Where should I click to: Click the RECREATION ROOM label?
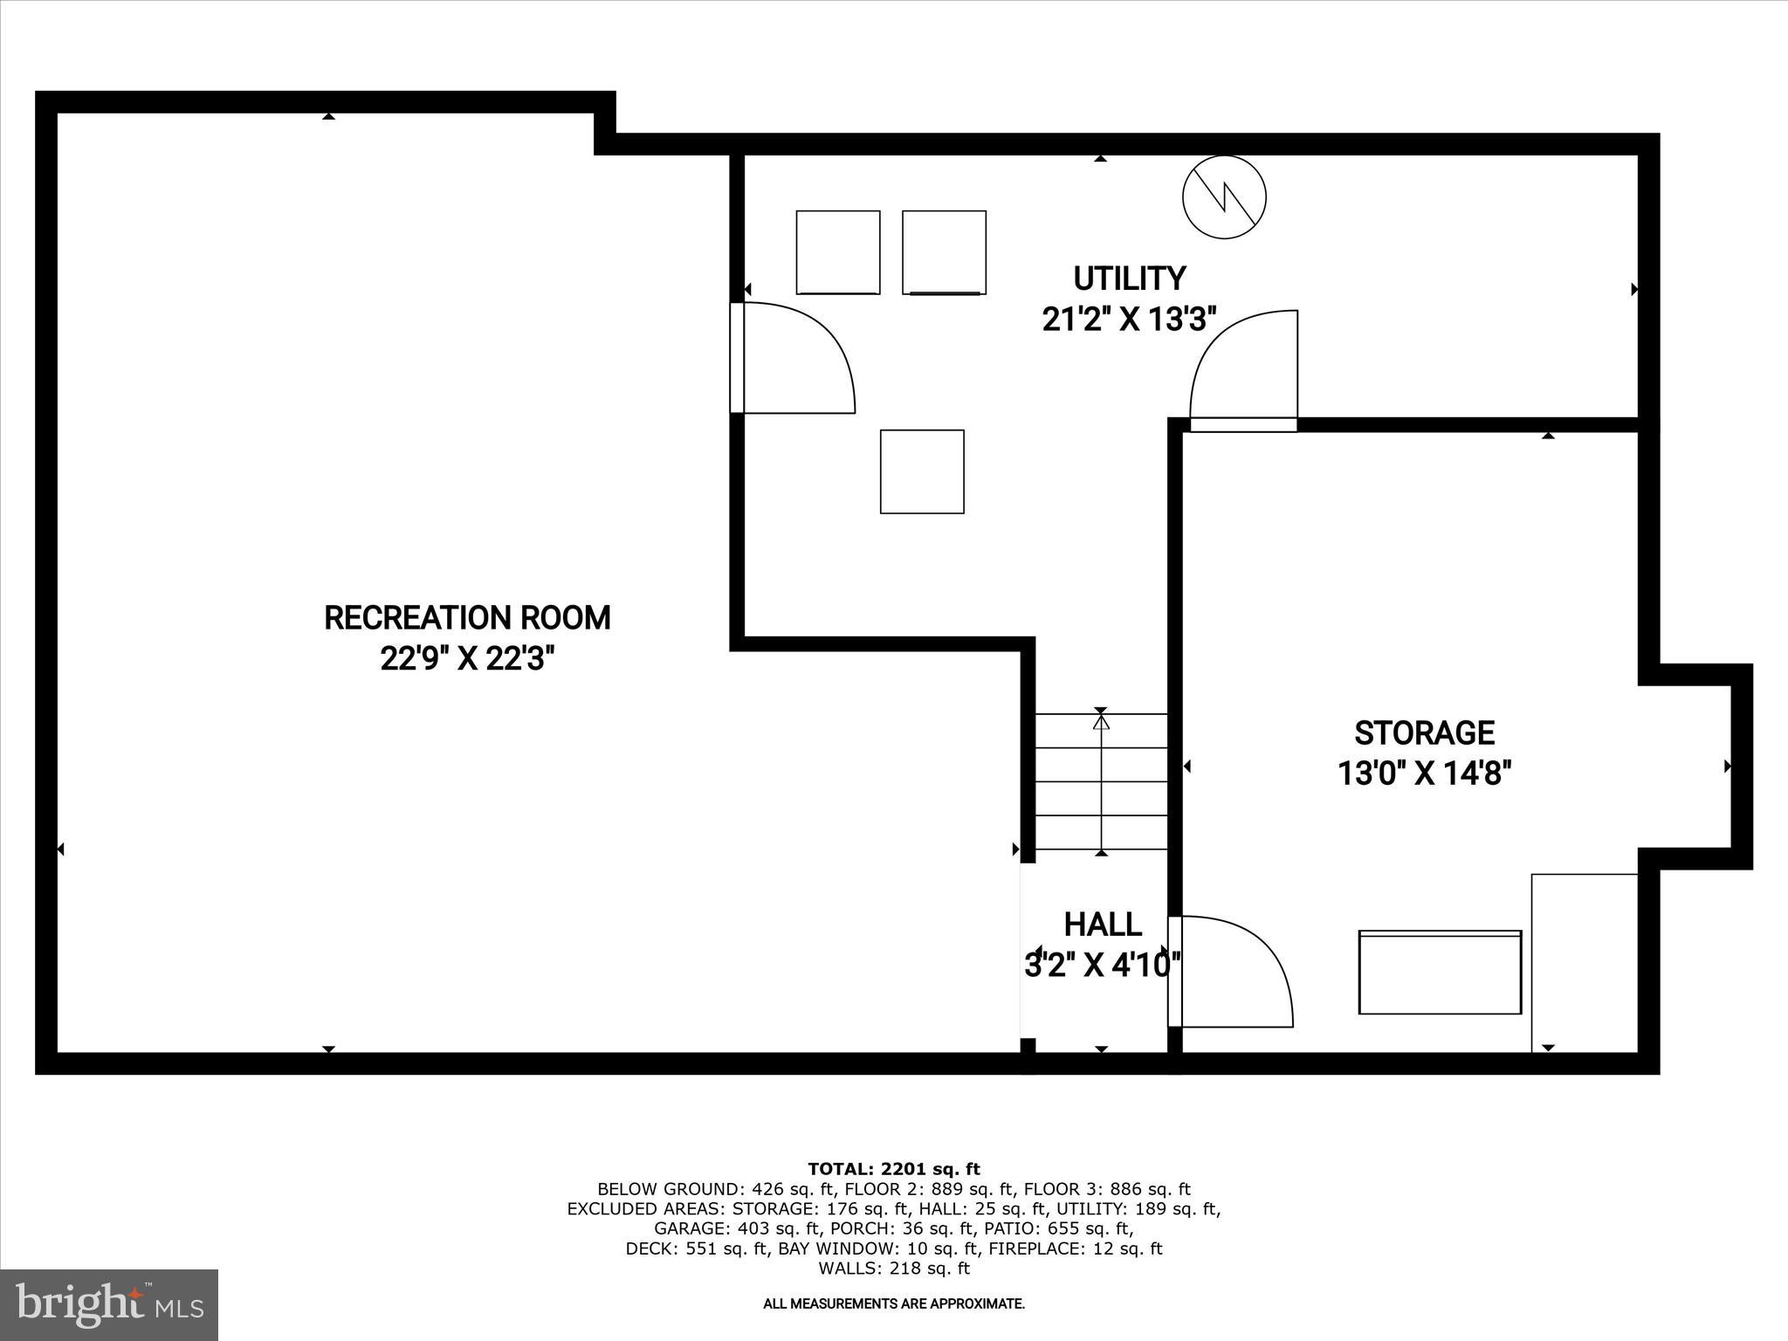[x=467, y=618]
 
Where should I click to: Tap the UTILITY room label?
[x=1129, y=279]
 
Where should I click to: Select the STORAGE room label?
[x=1424, y=732]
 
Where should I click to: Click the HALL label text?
[x=1103, y=925]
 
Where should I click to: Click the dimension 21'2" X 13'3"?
[x=1129, y=320]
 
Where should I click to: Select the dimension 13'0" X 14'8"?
[x=1424, y=774]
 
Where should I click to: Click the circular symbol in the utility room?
[x=1224, y=197]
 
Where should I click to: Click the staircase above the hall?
[x=1101, y=781]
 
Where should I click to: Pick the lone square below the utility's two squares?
[x=922, y=471]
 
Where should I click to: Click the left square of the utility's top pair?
[x=837, y=252]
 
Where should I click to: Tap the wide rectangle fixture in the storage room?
[x=1440, y=972]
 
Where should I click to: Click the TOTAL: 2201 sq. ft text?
[x=893, y=1169]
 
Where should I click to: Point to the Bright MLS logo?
[x=109, y=1304]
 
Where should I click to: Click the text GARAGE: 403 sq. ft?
[x=731, y=1228]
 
